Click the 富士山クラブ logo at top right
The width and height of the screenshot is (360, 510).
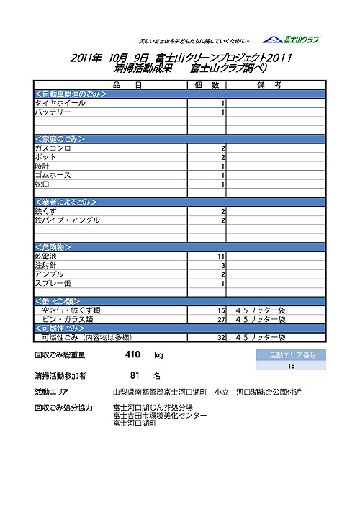(x=291, y=40)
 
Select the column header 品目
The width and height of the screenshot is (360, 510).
(x=110, y=85)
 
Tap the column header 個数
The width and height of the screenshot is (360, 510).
(x=207, y=85)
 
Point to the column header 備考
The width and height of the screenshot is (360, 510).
(x=276, y=85)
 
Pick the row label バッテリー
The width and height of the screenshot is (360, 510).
(x=53, y=112)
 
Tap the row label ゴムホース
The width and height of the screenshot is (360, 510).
(x=53, y=175)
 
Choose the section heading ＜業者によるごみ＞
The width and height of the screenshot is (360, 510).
(x=69, y=202)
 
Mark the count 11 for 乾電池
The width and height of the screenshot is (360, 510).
(x=221, y=256)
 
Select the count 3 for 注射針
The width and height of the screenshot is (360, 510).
(x=223, y=266)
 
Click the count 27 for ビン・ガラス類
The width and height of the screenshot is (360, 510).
(x=221, y=318)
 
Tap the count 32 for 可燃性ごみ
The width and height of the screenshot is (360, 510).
(x=221, y=337)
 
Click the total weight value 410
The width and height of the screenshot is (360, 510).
(x=132, y=354)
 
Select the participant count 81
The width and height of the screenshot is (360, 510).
(x=134, y=375)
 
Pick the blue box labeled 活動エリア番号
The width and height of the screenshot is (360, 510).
(x=291, y=355)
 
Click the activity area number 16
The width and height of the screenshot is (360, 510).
(x=291, y=366)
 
